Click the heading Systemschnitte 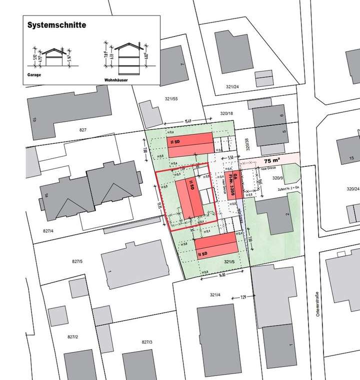tap(56, 24)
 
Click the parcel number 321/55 tap(171, 98)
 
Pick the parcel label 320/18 tap(226, 114)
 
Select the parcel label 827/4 tap(48, 231)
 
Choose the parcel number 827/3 tap(146, 342)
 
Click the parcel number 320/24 tap(353, 189)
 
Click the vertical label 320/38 tap(247, 145)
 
